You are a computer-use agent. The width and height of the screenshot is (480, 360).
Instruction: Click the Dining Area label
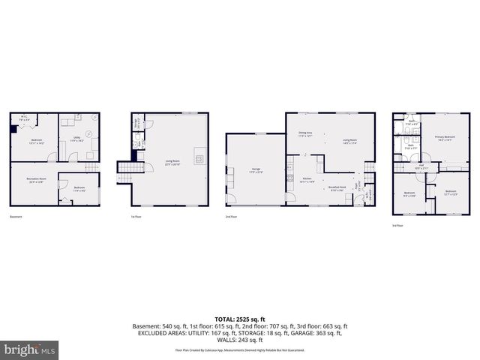point(305,134)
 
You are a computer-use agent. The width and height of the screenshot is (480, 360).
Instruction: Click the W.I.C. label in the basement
point(24,117)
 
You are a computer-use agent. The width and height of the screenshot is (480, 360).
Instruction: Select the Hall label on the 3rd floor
point(421,167)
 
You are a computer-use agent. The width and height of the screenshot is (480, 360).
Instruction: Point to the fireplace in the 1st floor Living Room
point(198,158)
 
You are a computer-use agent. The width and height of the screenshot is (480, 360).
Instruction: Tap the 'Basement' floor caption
point(16,217)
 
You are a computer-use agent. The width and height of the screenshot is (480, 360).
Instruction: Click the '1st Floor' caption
point(136,217)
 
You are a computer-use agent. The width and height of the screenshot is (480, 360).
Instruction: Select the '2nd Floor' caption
point(232,217)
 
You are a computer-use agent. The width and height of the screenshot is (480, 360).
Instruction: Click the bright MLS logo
point(29,350)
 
